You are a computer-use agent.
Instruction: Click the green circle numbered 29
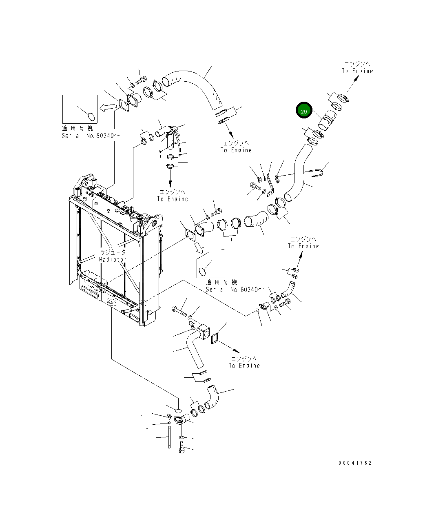303,111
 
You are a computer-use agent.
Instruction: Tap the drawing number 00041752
355,463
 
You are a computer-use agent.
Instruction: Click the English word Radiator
113,259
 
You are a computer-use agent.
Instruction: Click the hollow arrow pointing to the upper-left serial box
108,107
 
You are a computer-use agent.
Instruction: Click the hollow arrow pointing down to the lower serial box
199,246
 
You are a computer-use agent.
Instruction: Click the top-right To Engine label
357,68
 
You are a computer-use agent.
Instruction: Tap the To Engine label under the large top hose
236,147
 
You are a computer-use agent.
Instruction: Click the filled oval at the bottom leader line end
177,409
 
